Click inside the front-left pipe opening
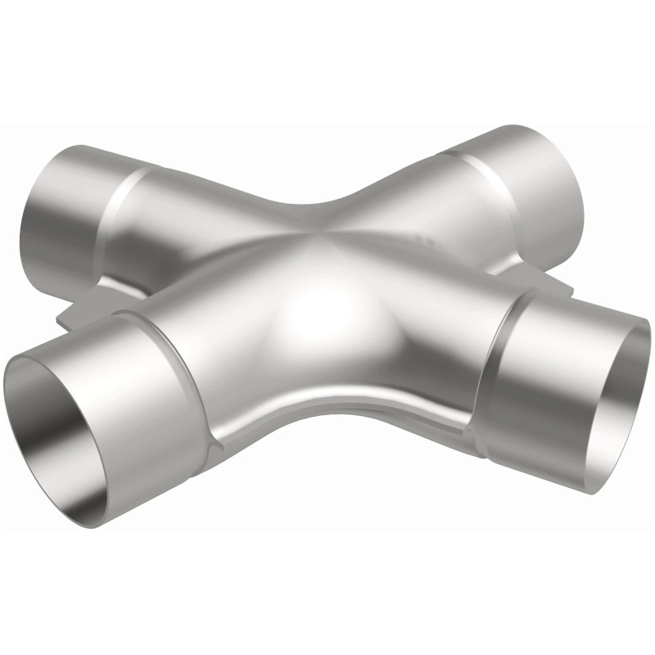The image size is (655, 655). [x=61, y=409]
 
